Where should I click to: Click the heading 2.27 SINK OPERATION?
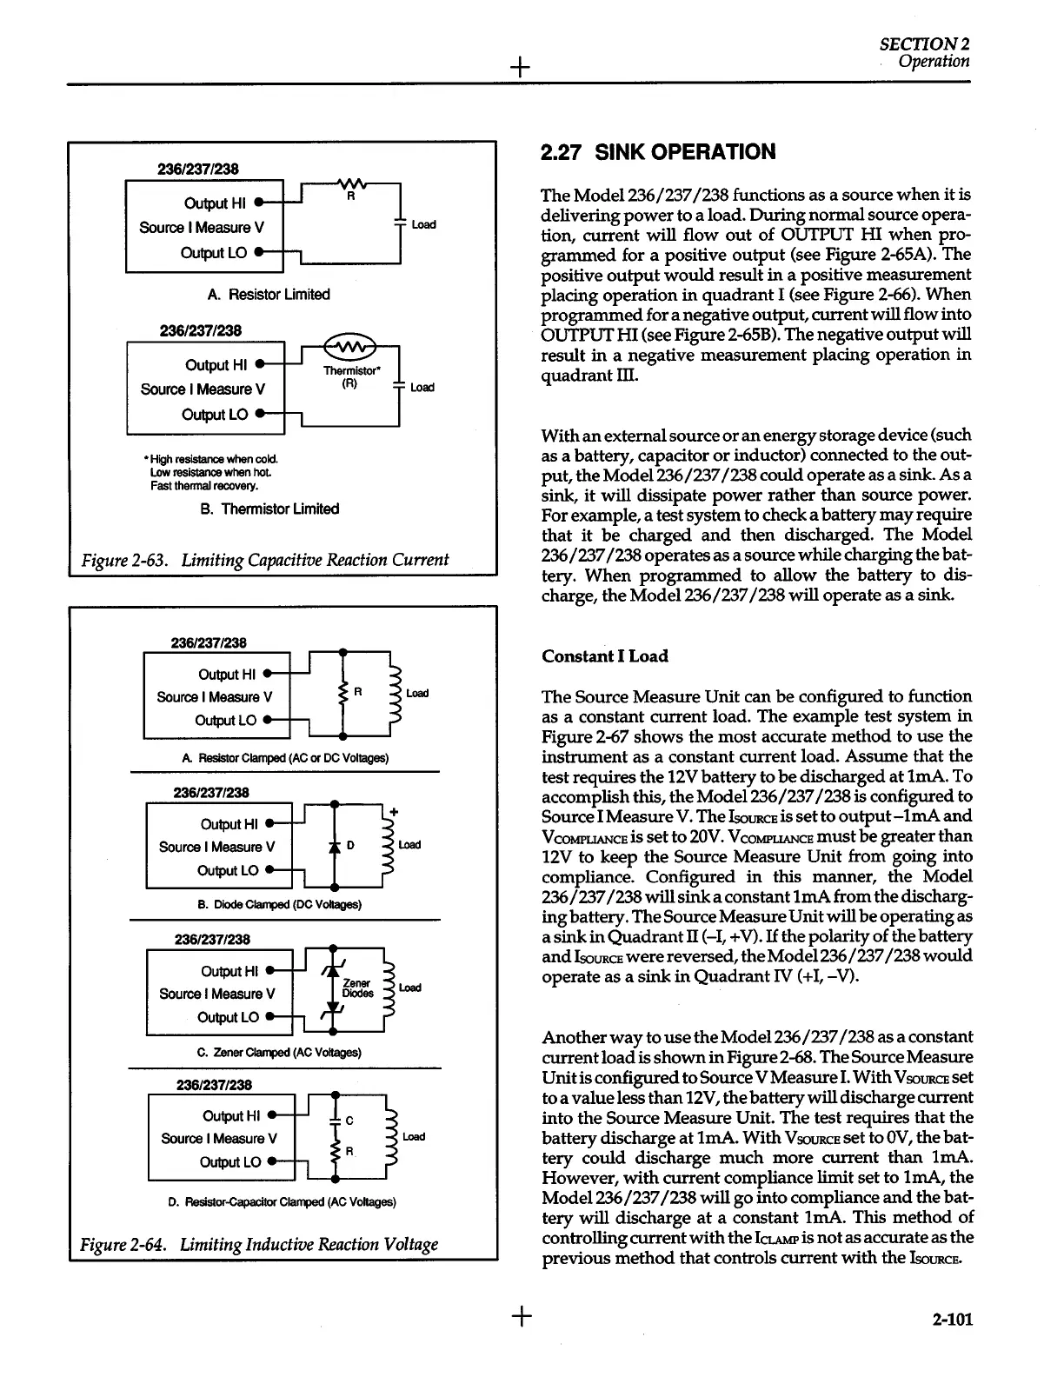click(658, 152)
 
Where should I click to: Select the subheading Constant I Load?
click(604, 656)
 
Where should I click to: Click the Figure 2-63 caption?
click(265, 559)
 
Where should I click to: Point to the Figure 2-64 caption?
click(259, 1244)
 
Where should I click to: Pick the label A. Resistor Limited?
click(269, 295)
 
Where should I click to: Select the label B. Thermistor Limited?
click(269, 509)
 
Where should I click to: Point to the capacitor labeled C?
click(334, 1120)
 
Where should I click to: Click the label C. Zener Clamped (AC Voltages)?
click(279, 1052)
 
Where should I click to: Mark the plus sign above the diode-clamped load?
click(394, 811)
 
